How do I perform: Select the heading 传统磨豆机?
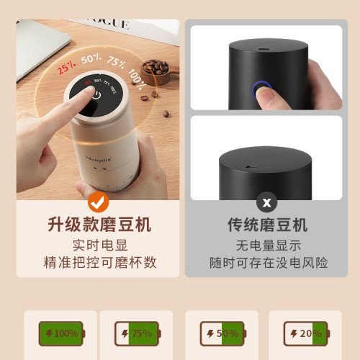(x=267, y=225)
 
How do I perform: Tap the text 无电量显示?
(x=267, y=245)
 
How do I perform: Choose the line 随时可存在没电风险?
(x=267, y=262)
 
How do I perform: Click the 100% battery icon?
(x=61, y=333)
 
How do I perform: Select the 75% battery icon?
(x=137, y=333)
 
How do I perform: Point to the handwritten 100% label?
(x=137, y=73)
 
